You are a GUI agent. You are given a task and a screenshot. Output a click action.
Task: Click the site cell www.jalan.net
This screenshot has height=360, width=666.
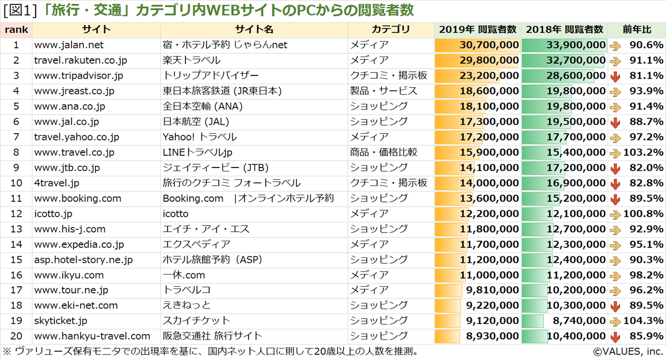69,45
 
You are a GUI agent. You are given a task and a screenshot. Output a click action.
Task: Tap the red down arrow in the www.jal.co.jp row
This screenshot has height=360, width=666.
615,121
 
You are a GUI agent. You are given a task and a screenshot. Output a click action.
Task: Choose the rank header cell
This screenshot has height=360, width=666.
16,29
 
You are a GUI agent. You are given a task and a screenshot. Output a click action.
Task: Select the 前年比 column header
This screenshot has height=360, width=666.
636,29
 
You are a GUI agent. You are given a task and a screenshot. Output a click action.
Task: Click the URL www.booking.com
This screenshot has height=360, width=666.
78,198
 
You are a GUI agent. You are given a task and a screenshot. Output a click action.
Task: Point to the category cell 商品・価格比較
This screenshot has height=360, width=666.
384,152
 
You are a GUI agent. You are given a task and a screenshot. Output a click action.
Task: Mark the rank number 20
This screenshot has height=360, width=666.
16,336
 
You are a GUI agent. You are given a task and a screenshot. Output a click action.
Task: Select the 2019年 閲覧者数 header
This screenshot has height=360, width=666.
477,29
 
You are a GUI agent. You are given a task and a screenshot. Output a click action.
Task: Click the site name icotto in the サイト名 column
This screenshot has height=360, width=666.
175,214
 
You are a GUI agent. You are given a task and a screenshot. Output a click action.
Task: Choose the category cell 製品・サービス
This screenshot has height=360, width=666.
384,91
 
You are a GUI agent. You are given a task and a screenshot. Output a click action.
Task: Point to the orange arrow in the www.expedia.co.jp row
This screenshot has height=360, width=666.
615,244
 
